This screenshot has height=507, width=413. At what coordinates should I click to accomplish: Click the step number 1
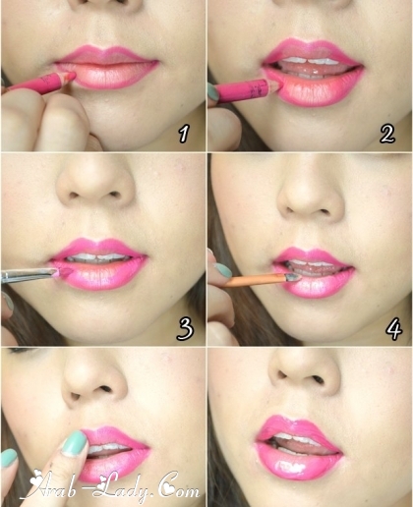tap(184, 134)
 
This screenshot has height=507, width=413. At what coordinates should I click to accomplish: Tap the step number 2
tap(387, 134)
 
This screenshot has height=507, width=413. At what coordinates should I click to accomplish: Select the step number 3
tap(185, 328)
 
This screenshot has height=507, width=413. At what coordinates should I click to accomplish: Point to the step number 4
tap(393, 328)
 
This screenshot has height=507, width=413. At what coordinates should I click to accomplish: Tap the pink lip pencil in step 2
tap(246, 91)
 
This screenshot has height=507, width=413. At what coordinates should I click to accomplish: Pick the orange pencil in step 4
tap(264, 280)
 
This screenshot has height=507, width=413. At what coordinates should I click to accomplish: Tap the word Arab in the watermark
tap(59, 488)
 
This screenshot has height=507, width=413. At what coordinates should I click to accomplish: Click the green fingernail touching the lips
tap(75, 444)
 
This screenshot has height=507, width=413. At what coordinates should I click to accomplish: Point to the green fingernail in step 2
tap(212, 91)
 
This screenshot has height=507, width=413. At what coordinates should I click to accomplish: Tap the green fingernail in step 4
tap(223, 270)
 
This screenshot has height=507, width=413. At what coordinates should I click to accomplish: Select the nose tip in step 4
tap(311, 198)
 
